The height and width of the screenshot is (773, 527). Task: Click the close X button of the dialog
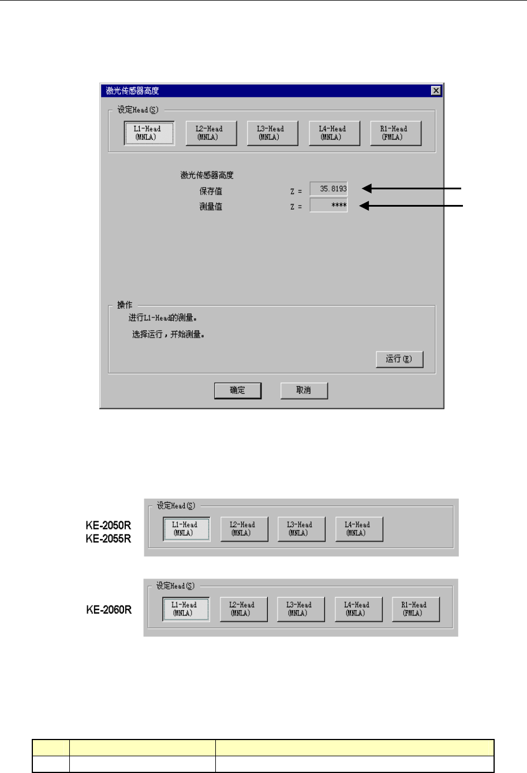pyautogui.click(x=436, y=91)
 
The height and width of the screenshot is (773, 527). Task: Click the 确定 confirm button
pyautogui.click(x=237, y=390)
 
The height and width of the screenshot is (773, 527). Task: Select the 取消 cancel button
pyautogui.click(x=304, y=390)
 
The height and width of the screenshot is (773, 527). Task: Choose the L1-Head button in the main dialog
pyautogui.click(x=149, y=133)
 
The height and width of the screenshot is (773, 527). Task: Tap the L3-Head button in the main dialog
pyautogui.click(x=272, y=133)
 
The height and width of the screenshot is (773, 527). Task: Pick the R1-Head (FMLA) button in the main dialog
pyautogui.click(x=395, y=133)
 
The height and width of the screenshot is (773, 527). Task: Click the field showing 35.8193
pyautogui.click(x=329, y=189)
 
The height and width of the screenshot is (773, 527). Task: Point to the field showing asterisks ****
pyautogui.click(x=329, y=206)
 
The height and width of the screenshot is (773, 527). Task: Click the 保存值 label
pyautogui.click(x=211, y=191)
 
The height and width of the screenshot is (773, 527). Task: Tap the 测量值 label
pyautogui.click(x=211, y=206)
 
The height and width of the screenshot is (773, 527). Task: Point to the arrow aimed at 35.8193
pyautogui.click(x=412, y=188)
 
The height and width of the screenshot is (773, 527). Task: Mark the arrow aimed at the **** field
pyautogui.click(x=412, y=205)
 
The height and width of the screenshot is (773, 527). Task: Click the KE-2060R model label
pyautogui.click(x=109, y=610)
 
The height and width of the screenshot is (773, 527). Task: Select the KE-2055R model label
pyautogui.click(x=109, y=539)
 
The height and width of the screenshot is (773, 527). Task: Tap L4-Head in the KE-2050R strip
pyautogui.click(x=358, y=529)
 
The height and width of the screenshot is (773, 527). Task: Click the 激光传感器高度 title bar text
pyautogui.click(x=132, y=91)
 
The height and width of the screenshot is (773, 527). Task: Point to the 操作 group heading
pyautogui.click(x=125, y=305)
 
